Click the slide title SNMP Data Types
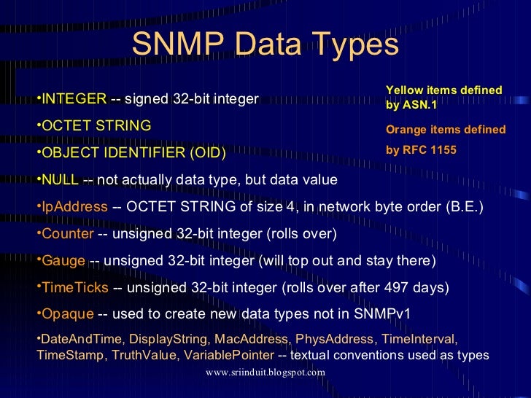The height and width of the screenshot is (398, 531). click(265, 45)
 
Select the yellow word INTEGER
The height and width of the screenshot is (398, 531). click(74, 98)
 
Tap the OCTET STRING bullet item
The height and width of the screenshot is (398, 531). click(96, 125)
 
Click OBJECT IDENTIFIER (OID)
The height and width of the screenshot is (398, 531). click(133, 153)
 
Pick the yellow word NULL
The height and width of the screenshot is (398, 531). click(60, 180)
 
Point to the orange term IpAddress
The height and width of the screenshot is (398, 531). click(74, 207)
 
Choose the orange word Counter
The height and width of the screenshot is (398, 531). click(68, 234)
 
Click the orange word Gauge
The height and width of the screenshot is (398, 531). click(63, 261)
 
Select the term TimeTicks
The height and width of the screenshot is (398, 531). click(75, 288)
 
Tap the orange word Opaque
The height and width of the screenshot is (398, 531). click(68, 314)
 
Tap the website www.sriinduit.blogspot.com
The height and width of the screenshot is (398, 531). click(265, 372)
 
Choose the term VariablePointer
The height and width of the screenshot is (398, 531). click(229, 355)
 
